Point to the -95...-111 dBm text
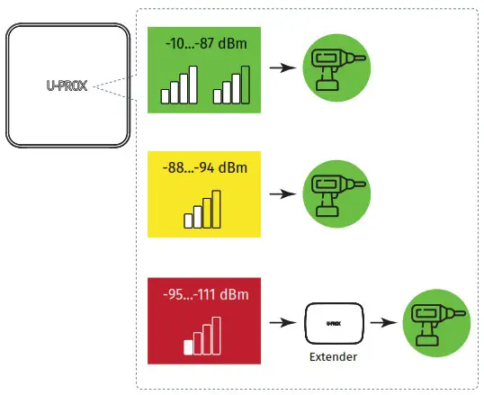pos(205,294)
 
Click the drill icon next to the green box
pos(336,67)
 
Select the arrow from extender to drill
pos(385,321)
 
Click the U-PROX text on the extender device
pos(334,318)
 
